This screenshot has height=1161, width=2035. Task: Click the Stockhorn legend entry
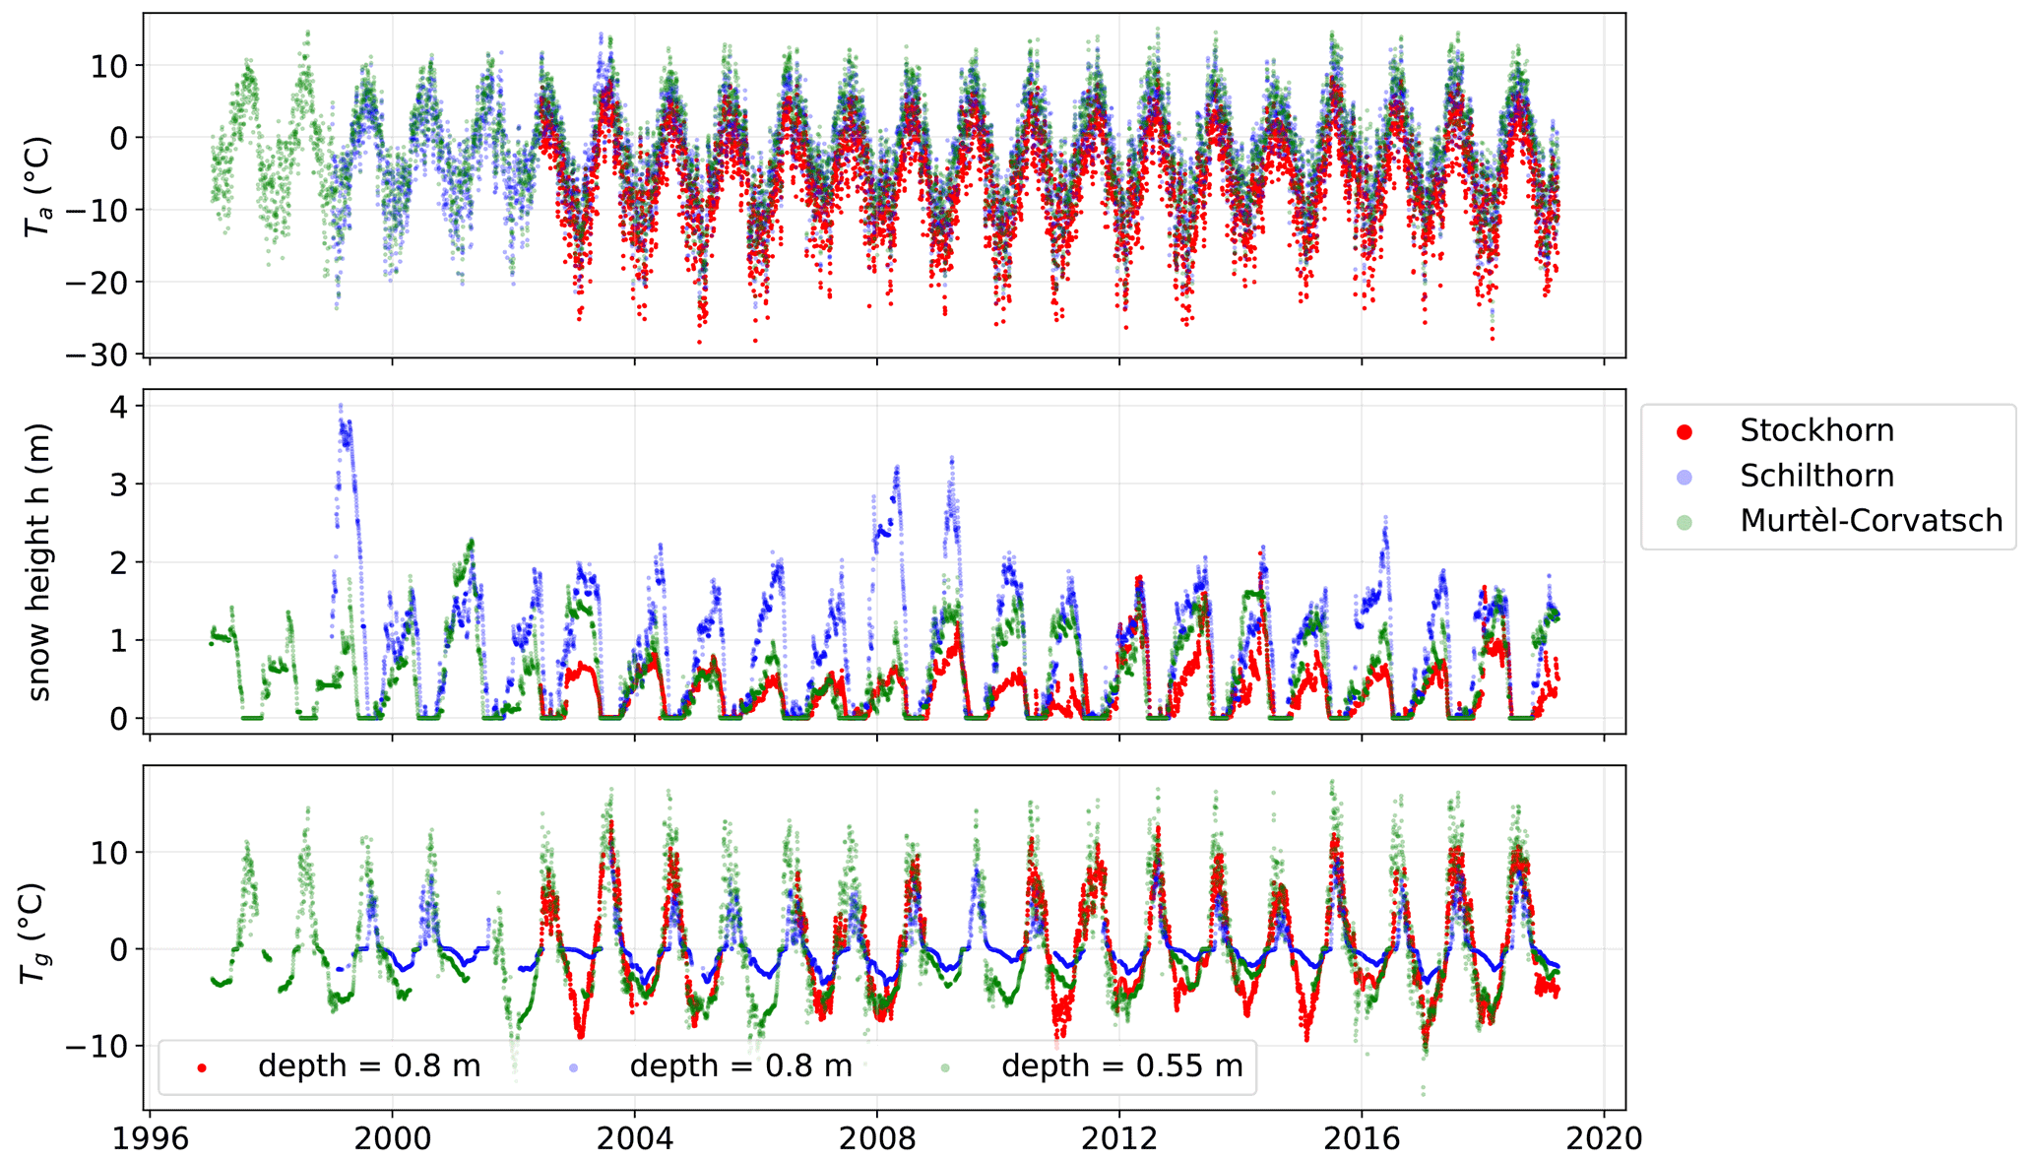pos(1816,430)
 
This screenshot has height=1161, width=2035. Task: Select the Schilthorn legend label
pos(1816,476)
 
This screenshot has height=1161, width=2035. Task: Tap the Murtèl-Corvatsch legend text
pos(1871,520)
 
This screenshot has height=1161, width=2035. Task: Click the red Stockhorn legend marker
pos(1685,431)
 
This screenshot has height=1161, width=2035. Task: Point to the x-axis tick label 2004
pos(635,1139)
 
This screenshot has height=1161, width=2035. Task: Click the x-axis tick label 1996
pos(150,1139)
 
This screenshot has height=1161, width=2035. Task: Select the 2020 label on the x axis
pos(1605,1139)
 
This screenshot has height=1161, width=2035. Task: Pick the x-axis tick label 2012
pos(1119,1139)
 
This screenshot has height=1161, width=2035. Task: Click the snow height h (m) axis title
pos(39,562)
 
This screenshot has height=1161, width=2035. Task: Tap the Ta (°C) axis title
pos(37,185)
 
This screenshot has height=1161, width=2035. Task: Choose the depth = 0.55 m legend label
pos(1121,1065)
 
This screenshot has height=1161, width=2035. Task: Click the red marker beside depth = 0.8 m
pos(202,1066)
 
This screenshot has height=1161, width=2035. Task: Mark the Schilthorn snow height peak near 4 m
pos(341,406)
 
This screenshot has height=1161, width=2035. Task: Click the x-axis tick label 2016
pos(1362,1139)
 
